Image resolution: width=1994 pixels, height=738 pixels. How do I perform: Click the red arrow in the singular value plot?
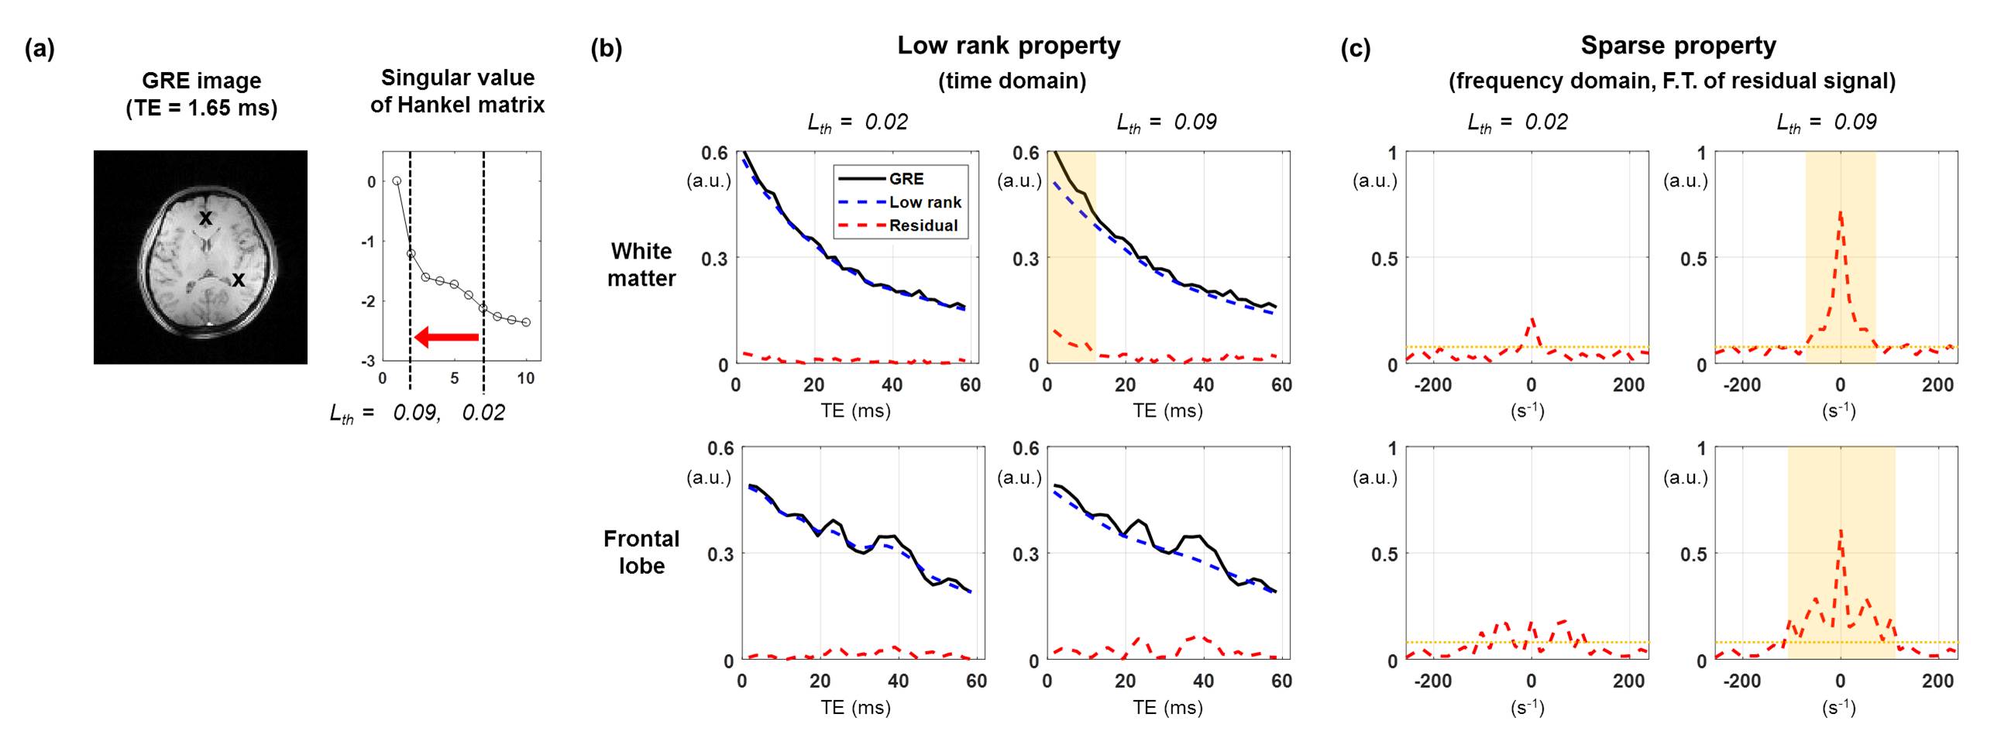[447, 337]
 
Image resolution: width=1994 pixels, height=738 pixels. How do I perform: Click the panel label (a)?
[40, 50]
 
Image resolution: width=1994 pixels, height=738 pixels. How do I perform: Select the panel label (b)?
[606, 50]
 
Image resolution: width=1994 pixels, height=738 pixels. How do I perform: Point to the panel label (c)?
[1355, 50]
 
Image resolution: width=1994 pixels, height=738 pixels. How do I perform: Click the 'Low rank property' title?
[1008, 46]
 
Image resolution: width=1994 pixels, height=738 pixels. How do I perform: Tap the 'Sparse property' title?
[1678, 46]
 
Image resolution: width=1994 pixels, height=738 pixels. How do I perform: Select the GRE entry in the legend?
[906, 179]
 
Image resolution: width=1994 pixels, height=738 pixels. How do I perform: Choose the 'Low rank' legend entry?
[924, 202]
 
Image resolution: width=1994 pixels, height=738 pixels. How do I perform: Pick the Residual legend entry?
[923, 225]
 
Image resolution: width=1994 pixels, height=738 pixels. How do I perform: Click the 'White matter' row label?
[641, 264]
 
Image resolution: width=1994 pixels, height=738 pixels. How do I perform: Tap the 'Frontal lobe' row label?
[641, 551]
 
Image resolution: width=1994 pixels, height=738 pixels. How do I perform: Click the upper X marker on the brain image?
[205, 218]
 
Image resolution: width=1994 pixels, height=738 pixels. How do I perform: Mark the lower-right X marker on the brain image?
[239, 280]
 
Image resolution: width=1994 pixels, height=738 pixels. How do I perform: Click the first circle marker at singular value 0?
[397, 180]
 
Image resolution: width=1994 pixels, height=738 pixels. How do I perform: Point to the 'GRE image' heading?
[201, 94]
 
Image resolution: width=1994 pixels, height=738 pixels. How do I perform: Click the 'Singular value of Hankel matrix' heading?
[457, 91]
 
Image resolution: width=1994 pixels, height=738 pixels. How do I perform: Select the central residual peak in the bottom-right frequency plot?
[1840, 532]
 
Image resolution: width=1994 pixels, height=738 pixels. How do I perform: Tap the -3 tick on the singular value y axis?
[368, 361]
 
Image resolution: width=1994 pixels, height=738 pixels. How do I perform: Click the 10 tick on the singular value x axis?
[526, 378]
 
